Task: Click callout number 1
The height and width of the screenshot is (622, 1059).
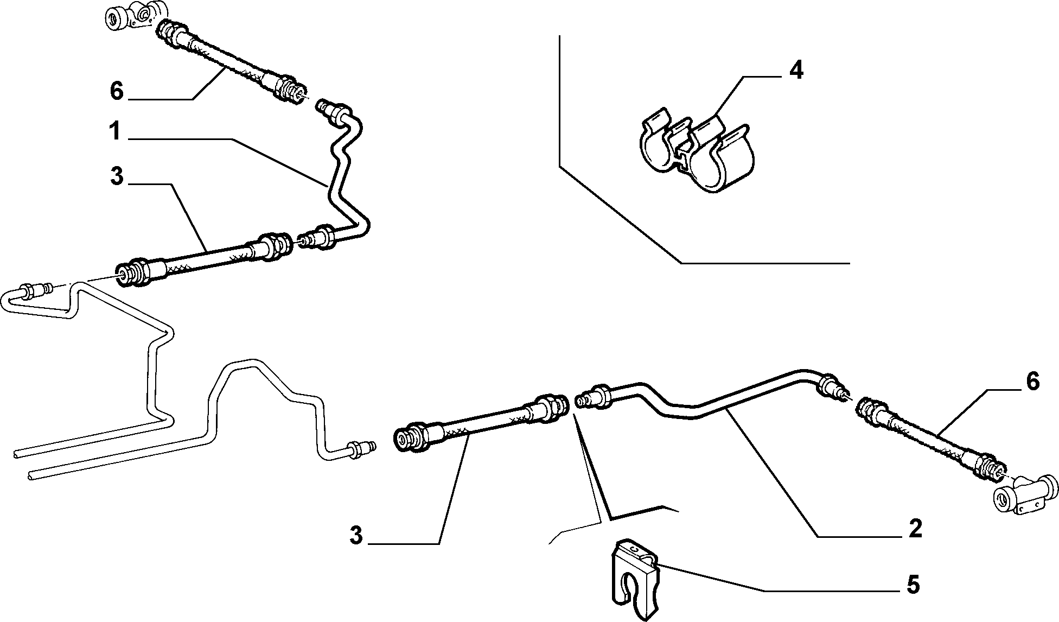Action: point(115,132)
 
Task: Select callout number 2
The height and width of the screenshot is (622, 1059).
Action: point(915,528)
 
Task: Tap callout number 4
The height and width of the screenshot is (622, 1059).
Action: point(795,72)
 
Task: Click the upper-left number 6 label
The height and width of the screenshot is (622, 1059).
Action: point(117,91)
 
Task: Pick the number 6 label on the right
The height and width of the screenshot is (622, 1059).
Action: point(1032,382)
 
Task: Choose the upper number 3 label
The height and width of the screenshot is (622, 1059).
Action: point(117,177)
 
